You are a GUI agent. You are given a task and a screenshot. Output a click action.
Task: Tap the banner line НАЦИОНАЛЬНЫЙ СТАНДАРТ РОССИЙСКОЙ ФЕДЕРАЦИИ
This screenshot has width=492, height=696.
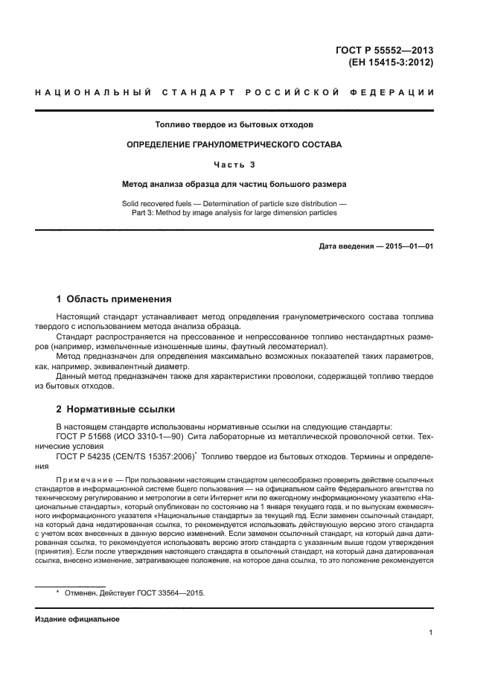coord(234,92)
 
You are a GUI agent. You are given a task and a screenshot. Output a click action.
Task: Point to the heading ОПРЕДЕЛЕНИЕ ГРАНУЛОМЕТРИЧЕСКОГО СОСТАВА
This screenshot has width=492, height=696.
coord(234,144)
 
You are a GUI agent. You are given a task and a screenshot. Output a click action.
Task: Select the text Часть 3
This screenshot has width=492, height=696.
coord(234,165)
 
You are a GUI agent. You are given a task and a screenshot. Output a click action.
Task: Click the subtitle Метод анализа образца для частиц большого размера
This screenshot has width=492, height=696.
coord(234,183)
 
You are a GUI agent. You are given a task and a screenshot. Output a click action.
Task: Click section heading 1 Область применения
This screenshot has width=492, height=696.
coord(114,299)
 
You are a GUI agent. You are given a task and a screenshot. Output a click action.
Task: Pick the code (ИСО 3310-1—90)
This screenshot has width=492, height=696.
coord(148,436)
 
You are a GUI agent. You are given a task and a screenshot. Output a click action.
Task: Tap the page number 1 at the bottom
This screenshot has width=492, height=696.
coord(431,633)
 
